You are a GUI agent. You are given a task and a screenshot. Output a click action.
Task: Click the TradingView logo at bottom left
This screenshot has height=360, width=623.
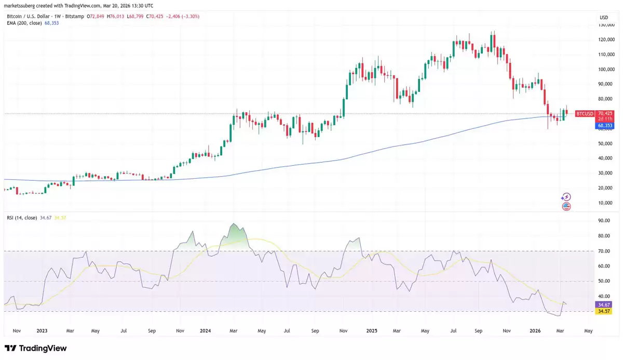pos(36,348)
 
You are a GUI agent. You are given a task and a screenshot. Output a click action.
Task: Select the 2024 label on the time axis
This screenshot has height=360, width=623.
pos(205,330)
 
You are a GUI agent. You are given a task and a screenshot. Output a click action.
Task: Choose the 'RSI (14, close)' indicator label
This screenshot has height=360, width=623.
pos(21,218)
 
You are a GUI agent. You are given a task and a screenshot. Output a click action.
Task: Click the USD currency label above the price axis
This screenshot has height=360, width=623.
pos(603,18)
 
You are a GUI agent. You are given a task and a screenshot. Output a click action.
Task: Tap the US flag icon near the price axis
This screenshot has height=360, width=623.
pos(566,206)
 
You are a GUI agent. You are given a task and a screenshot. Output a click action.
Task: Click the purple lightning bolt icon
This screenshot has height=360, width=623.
pos(566,197)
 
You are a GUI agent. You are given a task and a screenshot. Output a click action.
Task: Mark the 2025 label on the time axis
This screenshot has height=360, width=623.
pos(371,330)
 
